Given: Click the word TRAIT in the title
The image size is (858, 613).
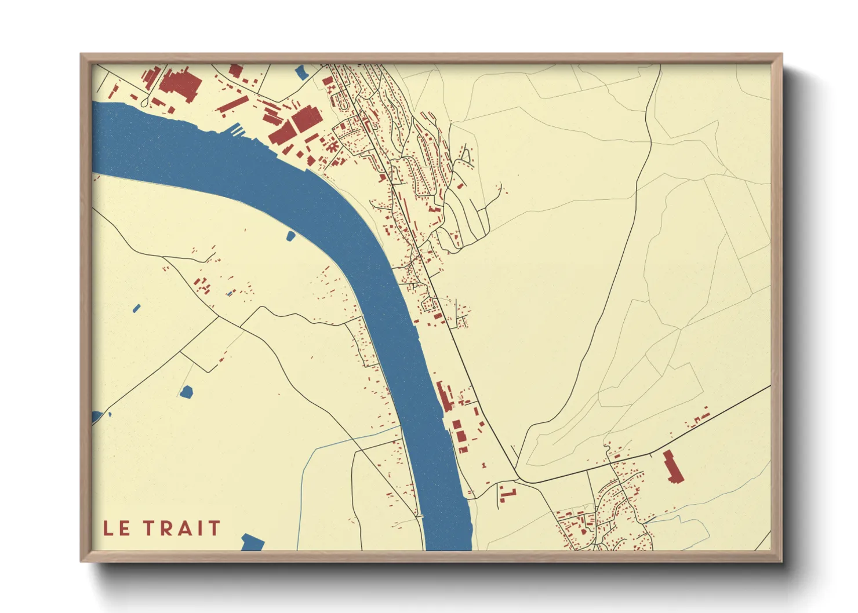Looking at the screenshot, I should coord(182,528).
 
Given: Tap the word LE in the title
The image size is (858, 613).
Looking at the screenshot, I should coord(117,528).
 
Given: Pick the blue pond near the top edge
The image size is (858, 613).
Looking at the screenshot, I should coord(301,72).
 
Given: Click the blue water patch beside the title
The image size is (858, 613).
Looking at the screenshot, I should coord(252,542).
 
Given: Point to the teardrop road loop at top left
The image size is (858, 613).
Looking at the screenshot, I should coord(144,103).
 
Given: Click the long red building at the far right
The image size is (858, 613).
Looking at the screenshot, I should coord(674,466).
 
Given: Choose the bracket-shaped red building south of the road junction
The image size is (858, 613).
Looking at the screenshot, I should coord(507,494).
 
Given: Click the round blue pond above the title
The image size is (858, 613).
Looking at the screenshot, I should coord(186,392).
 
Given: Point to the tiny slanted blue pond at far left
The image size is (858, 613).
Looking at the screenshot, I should coord(136,308).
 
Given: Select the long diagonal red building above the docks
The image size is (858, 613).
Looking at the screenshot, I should coord(232,104).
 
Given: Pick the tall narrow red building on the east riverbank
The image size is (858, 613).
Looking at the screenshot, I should coord(445,397).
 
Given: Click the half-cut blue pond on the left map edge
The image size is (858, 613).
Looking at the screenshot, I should coord(97,417).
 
